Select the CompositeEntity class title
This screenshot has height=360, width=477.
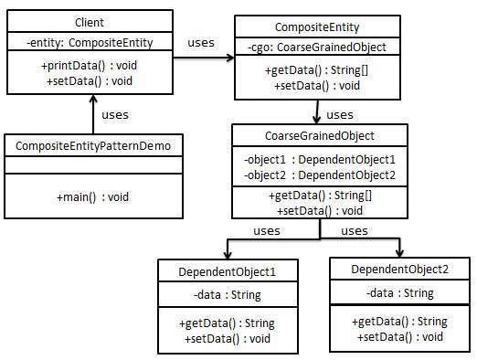click(x=315, y=27)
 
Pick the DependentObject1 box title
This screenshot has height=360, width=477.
click(x=229, y=273)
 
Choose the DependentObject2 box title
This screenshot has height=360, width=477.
click(x=399, y=270)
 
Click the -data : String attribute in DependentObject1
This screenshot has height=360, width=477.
click(x=228, y=295)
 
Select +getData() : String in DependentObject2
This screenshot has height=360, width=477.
click(x=398, y=322)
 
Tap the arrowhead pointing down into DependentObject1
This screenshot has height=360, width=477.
click(x=226, y=256)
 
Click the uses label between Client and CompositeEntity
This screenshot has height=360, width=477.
click(x=200, y=43)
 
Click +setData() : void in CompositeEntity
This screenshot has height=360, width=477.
click(x=315, y=85)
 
